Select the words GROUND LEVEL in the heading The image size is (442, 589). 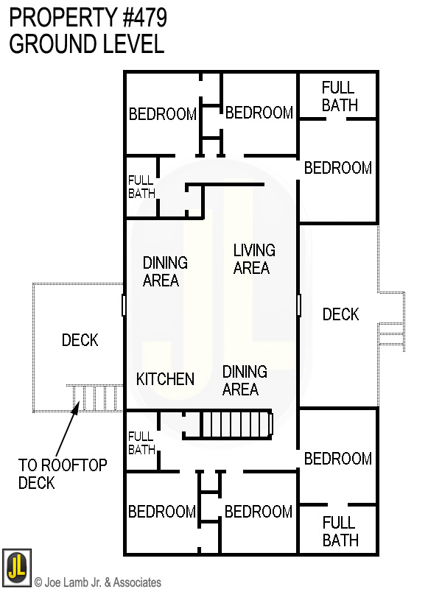tap(86, 44)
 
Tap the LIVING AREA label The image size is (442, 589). tap(254, 259)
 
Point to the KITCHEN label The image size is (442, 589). tap(166, 379)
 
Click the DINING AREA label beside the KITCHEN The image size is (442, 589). tap(245, 380)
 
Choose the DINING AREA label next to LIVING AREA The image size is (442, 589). tap(165, 272)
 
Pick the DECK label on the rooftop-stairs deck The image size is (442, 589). tap(80, 340)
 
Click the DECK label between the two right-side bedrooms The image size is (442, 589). tap(340, 314)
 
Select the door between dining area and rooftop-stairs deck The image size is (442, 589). tap(124, 305)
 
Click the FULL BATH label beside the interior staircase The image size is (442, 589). tap(141, 442)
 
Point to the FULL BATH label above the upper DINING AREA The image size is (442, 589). tap(141, 187)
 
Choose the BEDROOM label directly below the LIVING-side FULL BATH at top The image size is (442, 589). tap(338, 168)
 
